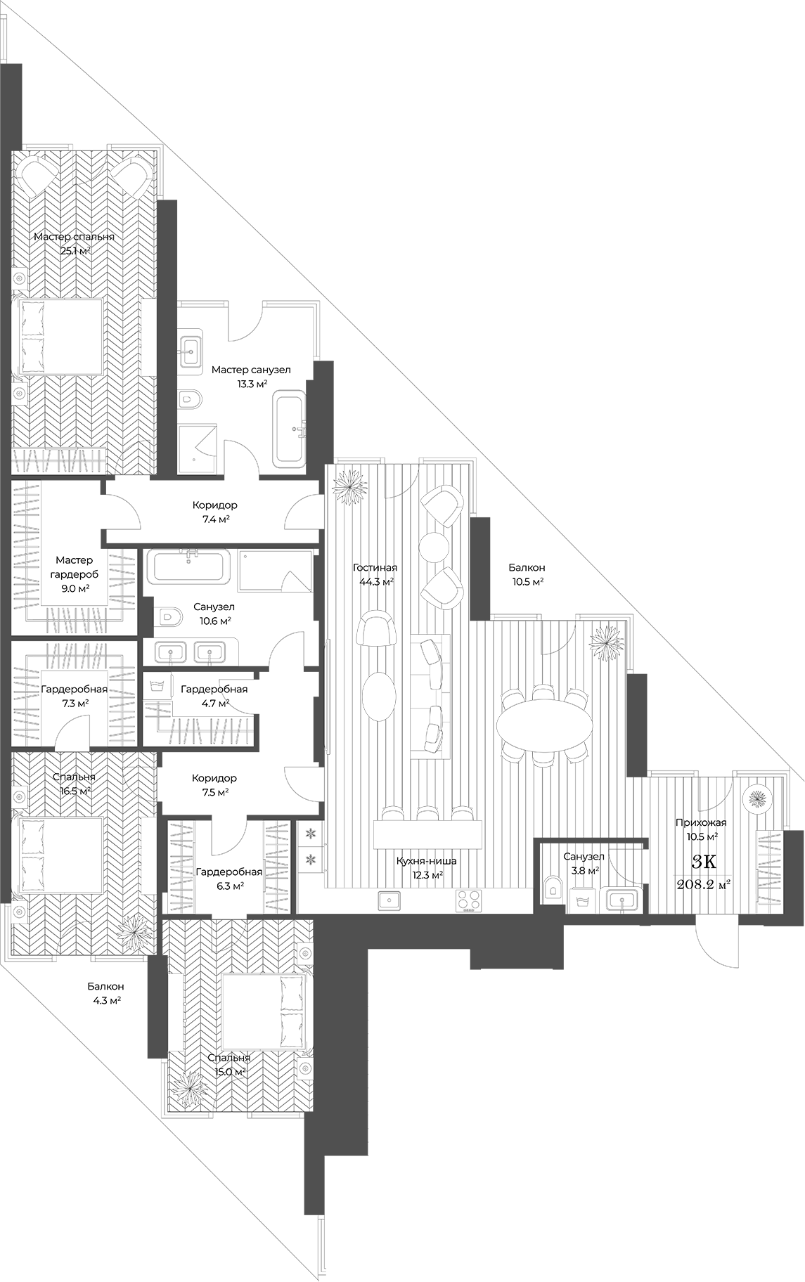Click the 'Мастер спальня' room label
74,237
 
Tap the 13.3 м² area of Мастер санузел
251,383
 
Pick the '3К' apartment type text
704,862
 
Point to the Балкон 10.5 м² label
527,574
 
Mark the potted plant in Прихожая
757,798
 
